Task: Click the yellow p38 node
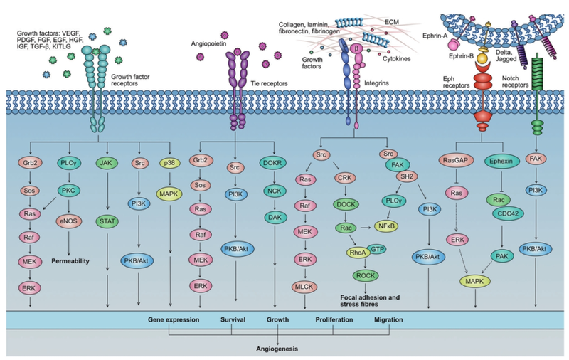click(x=168, y=162)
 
